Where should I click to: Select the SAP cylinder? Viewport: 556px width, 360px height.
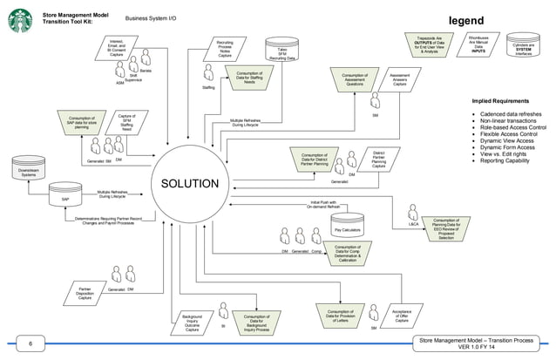click(65, 196)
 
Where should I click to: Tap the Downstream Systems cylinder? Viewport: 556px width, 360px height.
click(29, 171)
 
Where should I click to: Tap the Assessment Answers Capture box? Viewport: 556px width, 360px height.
click(398, 80)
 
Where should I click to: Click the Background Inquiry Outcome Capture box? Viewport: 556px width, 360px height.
click(192, 322)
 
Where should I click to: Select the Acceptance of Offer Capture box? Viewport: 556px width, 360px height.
click(402, 317)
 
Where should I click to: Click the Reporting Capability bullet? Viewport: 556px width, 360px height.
click(505, 160)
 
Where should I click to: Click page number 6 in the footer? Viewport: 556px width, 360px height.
click(29, 343)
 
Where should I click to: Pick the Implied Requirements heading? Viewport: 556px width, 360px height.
click(502, 102)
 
